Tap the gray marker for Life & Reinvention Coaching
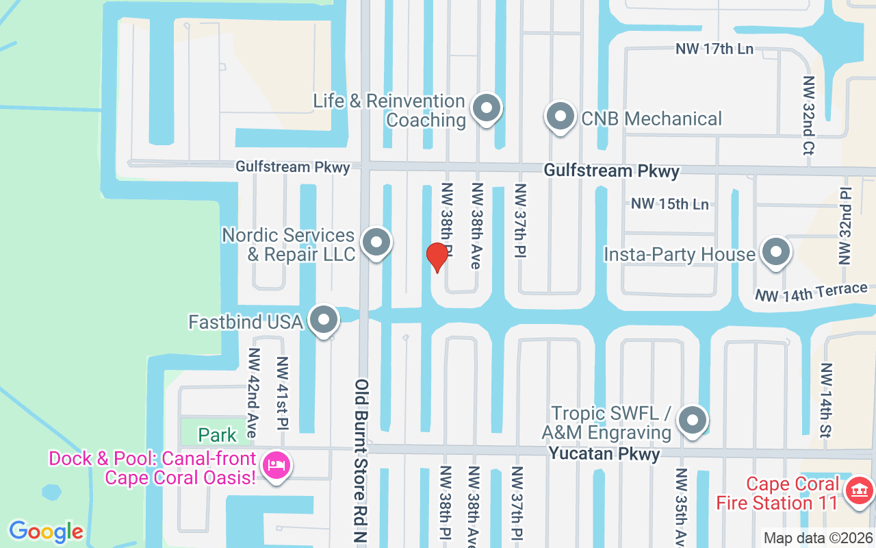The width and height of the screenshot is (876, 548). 487,108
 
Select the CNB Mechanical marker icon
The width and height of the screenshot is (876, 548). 561,117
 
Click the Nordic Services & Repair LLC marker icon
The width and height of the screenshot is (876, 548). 375,243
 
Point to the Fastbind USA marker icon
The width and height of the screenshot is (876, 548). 324,320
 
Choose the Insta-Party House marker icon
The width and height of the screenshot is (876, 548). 775,252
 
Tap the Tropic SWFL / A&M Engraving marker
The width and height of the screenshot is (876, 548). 693,421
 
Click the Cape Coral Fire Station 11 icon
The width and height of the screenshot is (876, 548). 860,491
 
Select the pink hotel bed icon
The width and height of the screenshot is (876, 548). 277,466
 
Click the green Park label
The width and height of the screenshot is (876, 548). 217,435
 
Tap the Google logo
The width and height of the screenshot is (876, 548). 46,532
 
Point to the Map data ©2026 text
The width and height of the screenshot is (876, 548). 818,538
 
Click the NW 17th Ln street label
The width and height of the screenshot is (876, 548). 714,49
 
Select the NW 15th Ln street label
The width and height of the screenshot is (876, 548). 669,204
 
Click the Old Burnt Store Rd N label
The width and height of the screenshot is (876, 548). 361,462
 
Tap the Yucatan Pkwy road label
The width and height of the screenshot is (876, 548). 604,453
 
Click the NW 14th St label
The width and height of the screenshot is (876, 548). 826,401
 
